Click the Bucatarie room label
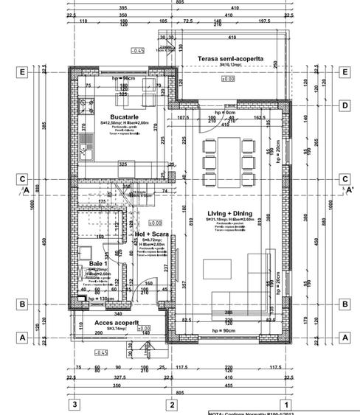[120, 117]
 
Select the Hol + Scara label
[151, 234]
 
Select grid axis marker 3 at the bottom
[74, 404]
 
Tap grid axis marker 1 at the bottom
[287, 404]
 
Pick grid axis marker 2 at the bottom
[171, 404]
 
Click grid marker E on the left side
[23, 73]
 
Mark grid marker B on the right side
[344, 304]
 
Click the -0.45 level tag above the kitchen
[136, 50]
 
